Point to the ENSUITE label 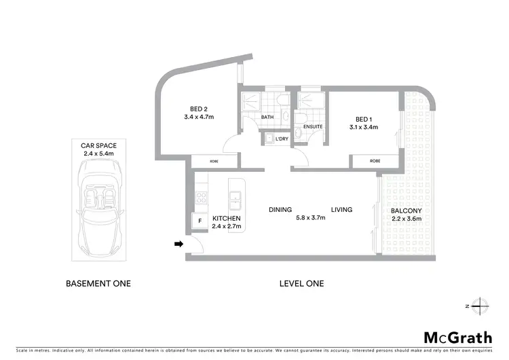[312, 126]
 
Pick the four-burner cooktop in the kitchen [201, 198]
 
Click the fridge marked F [200, 221]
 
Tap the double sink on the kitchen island [235, 199]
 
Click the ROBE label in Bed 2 [214, 161]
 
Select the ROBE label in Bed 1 [374, 161]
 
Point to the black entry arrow [178, 244]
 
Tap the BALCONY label [406, 211]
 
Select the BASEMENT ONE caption [98, 283]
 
